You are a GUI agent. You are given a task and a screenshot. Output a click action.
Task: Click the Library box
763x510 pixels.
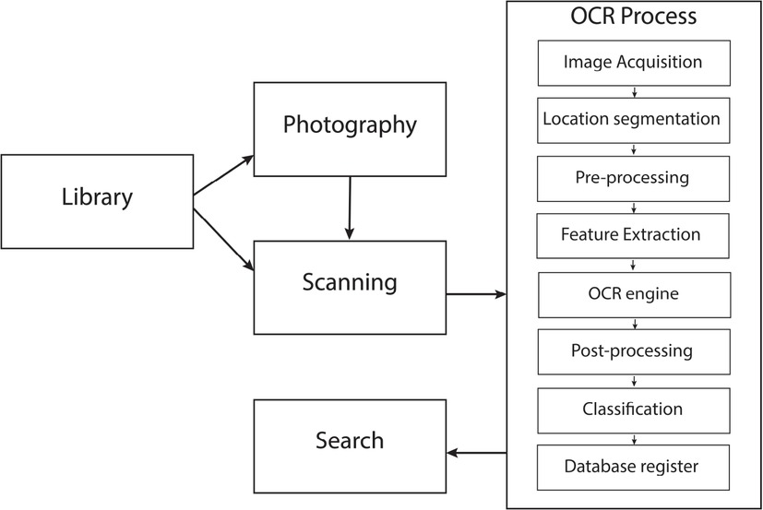[x=97, y=196]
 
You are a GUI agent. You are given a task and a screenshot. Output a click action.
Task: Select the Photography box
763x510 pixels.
[x=350, y=125]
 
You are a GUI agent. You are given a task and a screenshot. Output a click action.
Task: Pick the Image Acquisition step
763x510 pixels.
[x=632, y=63]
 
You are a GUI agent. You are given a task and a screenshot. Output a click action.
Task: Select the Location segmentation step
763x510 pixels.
[x=632, y=120]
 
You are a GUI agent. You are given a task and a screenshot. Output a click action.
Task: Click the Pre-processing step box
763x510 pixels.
[x=632, y=177]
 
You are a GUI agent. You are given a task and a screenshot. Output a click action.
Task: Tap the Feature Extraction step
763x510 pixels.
[x=632, y=234]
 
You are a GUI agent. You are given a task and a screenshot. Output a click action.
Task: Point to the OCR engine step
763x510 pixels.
[x=632, y=292]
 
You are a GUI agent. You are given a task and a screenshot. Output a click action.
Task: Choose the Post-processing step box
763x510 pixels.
[x=632, y=350]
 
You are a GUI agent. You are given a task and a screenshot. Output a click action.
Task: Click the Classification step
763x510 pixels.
[x=632, y=408]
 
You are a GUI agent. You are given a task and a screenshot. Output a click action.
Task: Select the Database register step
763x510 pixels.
[x=632, y=466]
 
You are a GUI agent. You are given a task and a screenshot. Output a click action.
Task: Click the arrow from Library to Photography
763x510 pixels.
[x=223, y=175]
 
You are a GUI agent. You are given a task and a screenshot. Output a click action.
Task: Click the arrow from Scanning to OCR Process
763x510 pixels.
[x=476, y=295]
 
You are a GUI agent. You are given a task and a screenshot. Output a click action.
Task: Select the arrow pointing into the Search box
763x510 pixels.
[x=476, y=453]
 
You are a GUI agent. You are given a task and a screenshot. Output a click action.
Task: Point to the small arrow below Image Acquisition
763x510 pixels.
[x=633, y=91]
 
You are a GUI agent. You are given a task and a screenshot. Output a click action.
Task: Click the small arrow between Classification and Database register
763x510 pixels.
[x=633, y=437]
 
